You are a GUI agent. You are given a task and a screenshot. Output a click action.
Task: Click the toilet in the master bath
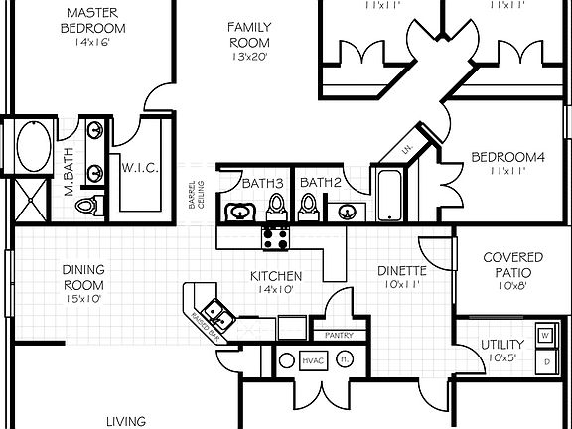pyautogui.click(x=88, y=206)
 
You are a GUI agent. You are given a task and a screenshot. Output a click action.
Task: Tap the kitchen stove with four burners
pyautogui.click(x=274, y=237)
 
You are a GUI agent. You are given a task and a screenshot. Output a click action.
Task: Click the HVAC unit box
pyautogui.click(x=314, y=360)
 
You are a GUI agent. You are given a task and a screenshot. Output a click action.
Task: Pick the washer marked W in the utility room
pyautogui.click(x=546, y=335)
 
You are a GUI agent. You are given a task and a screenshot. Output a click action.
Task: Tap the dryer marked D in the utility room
pyautogui.click(x=546, y=362)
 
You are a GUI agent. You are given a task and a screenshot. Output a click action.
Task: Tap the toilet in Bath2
pyautogui.click(x=308, y=206)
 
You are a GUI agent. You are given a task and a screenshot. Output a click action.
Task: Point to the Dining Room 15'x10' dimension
pyautogui.click(x=83, y=297)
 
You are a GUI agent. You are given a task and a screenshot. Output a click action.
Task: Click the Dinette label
pyautogui.click(x=402, y=269)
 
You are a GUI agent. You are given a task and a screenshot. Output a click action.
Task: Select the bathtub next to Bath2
pyautogui.click(x=388, y=195)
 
